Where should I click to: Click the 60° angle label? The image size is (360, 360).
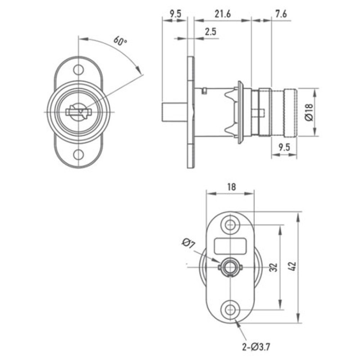point(120,40)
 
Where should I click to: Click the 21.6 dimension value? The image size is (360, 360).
point(222,14)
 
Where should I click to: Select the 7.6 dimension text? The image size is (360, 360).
point(281,14)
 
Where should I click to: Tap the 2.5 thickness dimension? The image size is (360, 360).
point(211,31)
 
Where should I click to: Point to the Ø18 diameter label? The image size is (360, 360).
point(309,112)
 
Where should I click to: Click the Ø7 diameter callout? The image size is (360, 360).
point(188,244)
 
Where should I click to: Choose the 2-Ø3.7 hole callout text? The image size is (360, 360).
point(256,347)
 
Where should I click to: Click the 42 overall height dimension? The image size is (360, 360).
point(293,266)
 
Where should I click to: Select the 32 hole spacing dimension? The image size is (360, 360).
point(273,267)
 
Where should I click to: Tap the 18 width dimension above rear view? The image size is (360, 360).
point(231,187)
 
